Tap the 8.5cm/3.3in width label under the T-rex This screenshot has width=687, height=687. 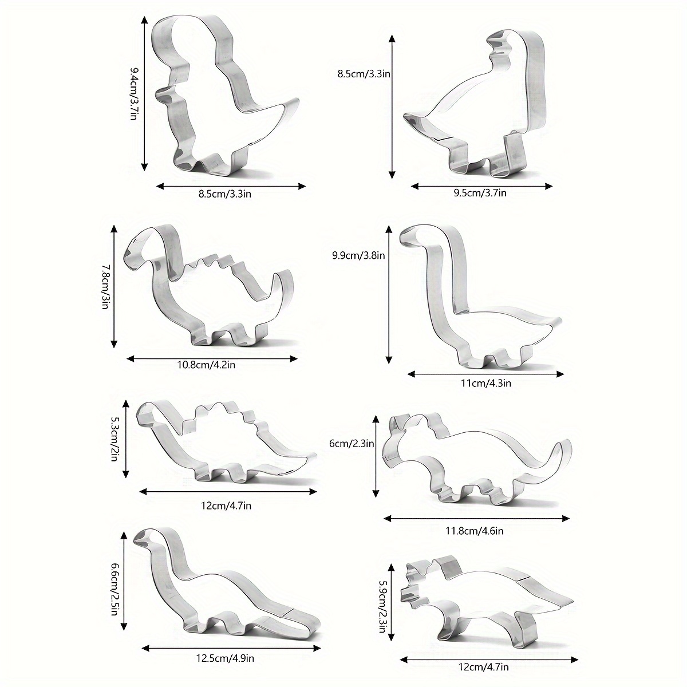(x=225, y=194)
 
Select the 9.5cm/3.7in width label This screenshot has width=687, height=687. (x=480, y=193)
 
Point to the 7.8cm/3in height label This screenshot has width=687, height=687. (x=104, y=286)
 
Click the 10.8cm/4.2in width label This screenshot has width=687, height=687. (x=207, y=365)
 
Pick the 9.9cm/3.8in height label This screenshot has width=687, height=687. (x=358, y=255)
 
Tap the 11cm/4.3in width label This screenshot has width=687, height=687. (x=486, y=383)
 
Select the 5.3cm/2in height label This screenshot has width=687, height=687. (x=114, y=440)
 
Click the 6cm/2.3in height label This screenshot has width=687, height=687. (x=352, y=444)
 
